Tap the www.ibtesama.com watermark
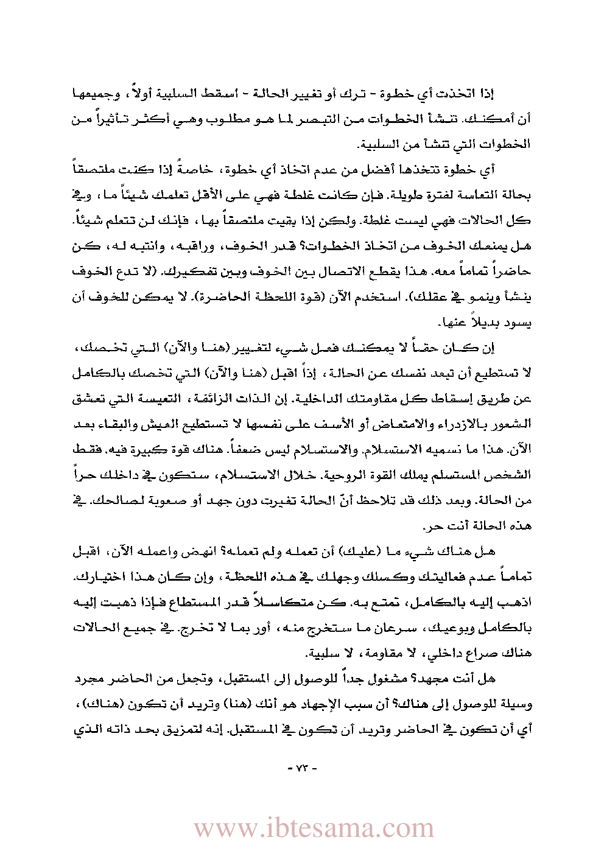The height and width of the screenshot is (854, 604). [x=314, y=828]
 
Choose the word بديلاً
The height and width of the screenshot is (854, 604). [x=486, y=322]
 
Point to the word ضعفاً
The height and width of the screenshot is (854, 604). [x=267, y=449]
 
